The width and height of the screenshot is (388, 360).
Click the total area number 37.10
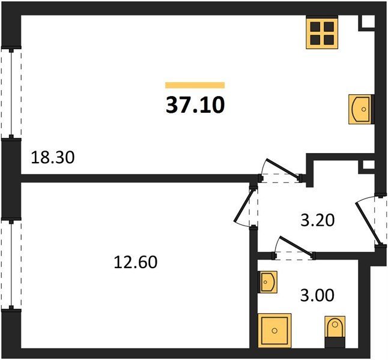pyautogui.click(x=195, y=105)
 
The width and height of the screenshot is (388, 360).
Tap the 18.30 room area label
pyautogui.click(x=53, y=157)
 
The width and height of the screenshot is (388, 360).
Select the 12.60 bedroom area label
pyautogui.click(x=136, y=262)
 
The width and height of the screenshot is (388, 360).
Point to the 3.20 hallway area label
pyautogui.click(x=318, y=220)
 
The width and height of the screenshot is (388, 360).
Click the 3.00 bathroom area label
pyautogui.click(x=317, y=295)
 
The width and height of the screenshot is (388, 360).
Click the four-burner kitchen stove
pyautogui.click(x=322, y=33)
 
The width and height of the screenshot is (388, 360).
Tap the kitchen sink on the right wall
pyautogui.click(x=361, y=109)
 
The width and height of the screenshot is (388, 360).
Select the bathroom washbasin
pyautogui.click(x=267, y=282)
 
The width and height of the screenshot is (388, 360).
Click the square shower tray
pyautogui.click(x=274, y=331)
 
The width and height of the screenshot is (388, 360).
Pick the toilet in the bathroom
pyautogui.click(x=335, y=327)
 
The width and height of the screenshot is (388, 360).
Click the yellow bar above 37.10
pyautogui.click(x=195, y=85)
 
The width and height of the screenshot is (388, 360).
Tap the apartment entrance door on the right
pyautogui.click(x=371, y=221)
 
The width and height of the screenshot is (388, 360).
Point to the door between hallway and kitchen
pyautogui.click(x=281, y=170)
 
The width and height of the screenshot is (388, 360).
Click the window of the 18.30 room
pyautogui.click(x=11, y=94)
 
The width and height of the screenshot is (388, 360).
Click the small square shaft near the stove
pyautogui.click(x=366, y=23)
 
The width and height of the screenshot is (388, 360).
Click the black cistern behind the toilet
pyautogui.click(x=335, y=343)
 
